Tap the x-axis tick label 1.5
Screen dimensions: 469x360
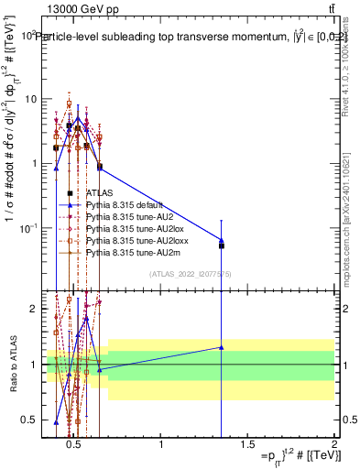248,444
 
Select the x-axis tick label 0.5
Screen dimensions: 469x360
75,444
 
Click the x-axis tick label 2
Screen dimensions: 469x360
334,444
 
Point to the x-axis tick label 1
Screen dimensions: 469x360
161,444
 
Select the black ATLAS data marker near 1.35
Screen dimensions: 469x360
221,245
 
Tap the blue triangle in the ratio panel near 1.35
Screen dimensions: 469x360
221,347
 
